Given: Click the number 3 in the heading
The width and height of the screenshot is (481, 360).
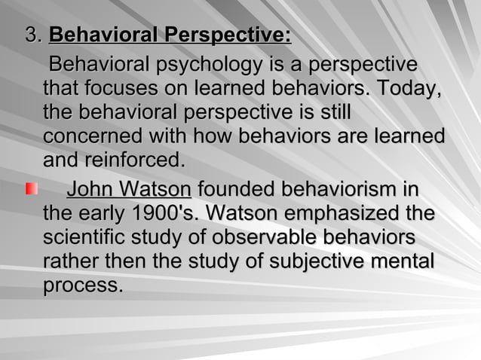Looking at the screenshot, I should [x=30, y=35].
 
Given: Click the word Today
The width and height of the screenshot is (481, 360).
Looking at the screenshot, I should [x=406, y=88].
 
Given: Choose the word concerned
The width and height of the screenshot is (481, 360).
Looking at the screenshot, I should [x=90, y=138].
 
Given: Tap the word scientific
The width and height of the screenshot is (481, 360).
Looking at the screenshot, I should [x=86, y=238].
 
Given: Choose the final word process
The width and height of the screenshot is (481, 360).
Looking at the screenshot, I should [x=82, y=287].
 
